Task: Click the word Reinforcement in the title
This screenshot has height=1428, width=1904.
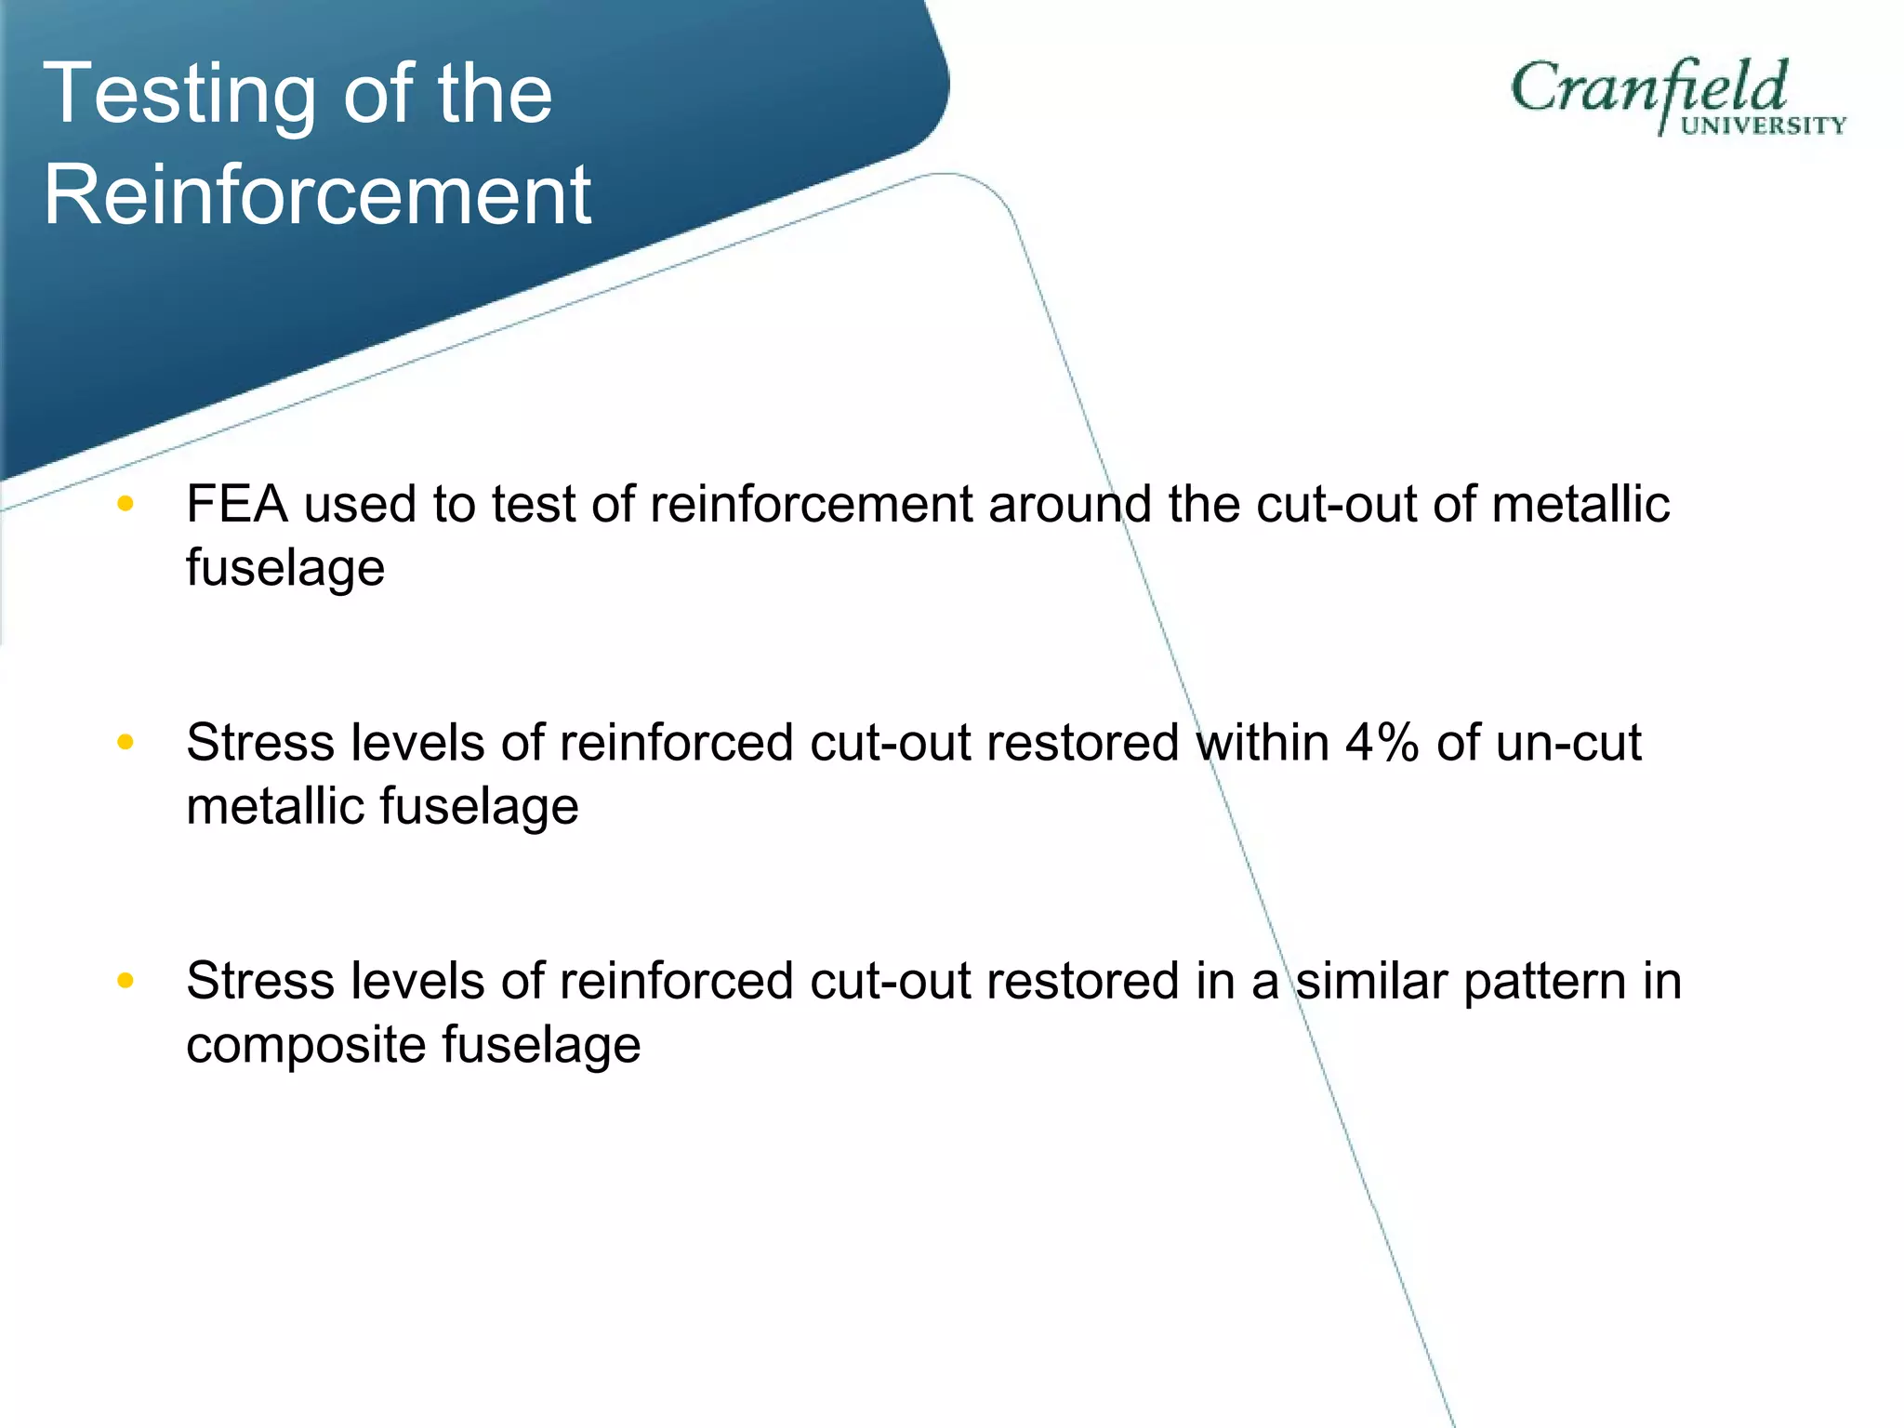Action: point(317,194)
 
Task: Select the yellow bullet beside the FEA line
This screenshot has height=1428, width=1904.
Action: point(126,504)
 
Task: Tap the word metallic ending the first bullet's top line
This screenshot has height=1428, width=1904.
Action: point(1580,505)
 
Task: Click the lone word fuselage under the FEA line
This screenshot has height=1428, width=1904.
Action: point(285,567)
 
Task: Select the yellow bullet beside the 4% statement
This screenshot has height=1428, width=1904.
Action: point(126,742)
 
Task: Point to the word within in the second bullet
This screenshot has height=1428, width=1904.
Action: point(1263,743)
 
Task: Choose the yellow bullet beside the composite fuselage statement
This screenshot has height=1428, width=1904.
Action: point(126,981)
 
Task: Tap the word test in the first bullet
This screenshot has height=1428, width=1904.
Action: point(534,505)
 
